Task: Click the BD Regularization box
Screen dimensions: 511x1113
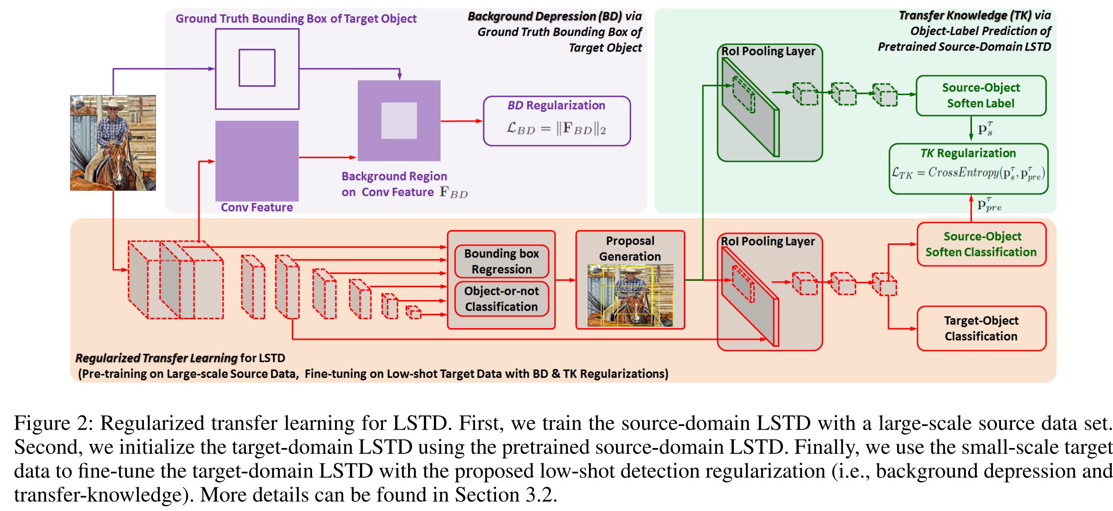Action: (556, 121)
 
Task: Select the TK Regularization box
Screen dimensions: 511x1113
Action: (968, 168)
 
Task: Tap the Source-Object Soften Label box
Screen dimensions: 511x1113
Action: (981, 96)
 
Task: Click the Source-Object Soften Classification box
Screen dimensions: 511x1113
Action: (981, 244)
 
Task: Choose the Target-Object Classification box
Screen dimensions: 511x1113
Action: (981, 328)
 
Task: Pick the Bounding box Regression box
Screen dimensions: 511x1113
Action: (501, 261)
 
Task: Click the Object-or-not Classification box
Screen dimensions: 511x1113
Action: (501, 298)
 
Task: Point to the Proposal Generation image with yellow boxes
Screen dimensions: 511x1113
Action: (630, 295)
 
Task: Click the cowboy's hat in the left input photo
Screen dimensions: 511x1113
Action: (113, 104)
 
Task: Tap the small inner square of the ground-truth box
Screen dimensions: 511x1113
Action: (256, 68)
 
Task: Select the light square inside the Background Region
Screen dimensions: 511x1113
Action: (399, 121)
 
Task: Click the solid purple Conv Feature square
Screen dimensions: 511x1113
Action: (256, 160)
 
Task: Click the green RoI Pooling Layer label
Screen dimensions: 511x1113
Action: (768, 51)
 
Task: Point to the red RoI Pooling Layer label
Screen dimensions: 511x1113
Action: (768, 241)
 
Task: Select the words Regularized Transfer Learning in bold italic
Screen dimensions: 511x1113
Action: (156, 358)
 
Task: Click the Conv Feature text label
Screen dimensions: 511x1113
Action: (256, 207)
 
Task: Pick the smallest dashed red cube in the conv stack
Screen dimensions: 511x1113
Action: (414, 312)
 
